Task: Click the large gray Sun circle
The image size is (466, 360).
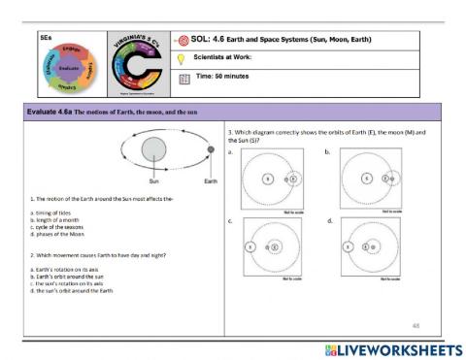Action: pyautogui.click(x=152, y=149)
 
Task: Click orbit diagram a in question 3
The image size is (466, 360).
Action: pyautogui.click(x=273, y=179)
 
